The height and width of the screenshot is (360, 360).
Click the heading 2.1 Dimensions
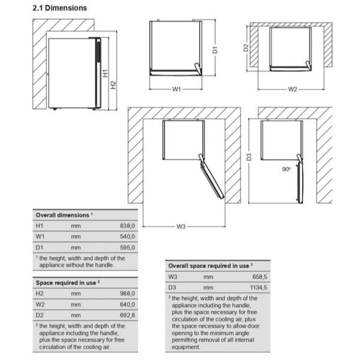pos(59,8)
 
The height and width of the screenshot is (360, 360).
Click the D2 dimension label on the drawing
pos(247,47)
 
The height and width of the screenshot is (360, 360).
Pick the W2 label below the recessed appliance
pos(292,89)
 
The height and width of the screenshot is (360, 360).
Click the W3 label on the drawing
pos(181,226)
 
